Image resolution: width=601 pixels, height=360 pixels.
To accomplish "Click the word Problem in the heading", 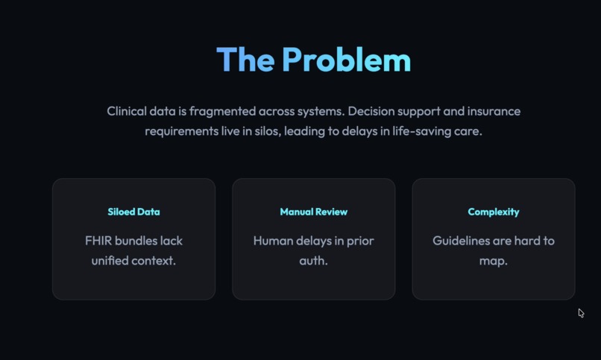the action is click(347, 60).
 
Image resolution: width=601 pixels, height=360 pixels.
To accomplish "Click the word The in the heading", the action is click(245, 60).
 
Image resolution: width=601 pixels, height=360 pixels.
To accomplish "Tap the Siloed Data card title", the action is click(133, 212).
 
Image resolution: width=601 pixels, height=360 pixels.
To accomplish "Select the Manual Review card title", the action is click(313, 212).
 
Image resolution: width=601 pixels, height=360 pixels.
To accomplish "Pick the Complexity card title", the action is click(494, 212).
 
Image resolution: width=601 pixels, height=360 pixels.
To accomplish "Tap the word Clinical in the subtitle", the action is click(127, 111).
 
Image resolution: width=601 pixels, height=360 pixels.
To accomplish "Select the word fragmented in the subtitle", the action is click(222, 112).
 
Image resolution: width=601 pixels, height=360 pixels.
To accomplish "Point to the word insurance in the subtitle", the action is click(494, 111).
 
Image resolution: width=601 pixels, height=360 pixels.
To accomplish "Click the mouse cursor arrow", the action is click(581, 313).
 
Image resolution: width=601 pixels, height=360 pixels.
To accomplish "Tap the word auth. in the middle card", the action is click(313, 261).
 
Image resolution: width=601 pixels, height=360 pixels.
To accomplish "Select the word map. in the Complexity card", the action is click(494, 262).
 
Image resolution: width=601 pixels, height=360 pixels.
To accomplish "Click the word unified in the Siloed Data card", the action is click(109, 261).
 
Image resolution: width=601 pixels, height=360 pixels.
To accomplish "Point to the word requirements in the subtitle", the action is click(182, 132).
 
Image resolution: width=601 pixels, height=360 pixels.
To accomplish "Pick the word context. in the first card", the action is click(154, 261).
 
